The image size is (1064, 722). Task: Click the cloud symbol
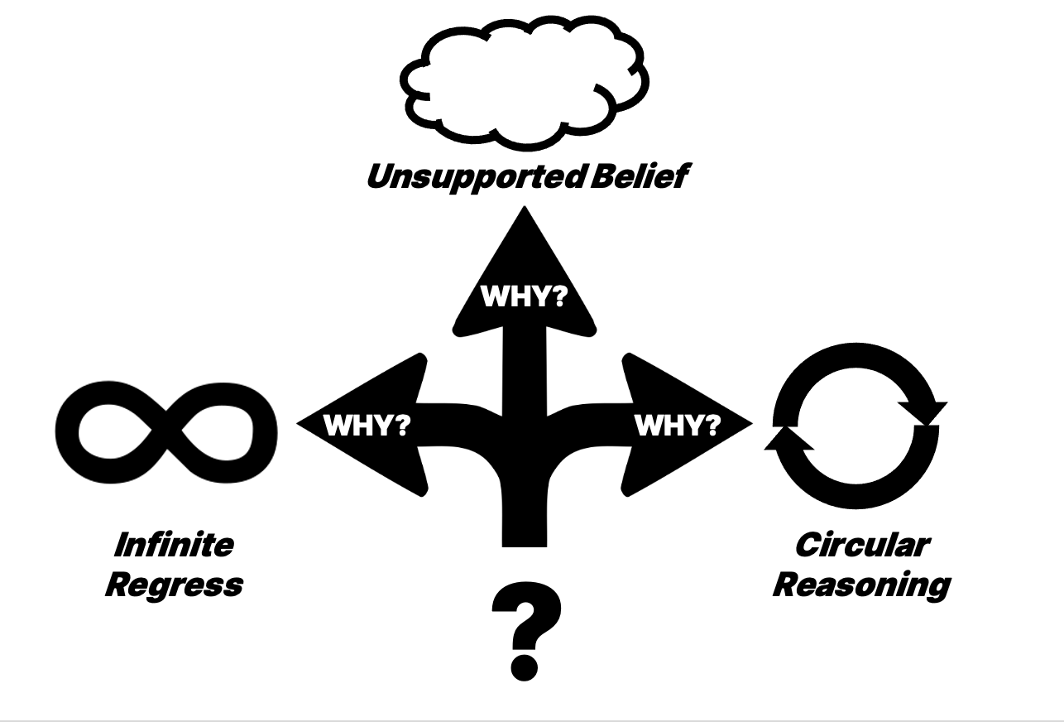(525, 79)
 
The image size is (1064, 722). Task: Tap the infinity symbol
(166, 431)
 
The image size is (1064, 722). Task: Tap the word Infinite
(174, 546)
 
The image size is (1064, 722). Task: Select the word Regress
(174, 585)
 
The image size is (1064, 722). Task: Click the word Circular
(861, 546)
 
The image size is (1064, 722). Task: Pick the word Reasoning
(861, 585)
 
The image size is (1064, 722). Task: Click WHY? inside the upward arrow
(523, 296)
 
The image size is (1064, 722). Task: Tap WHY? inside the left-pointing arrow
(367, 425)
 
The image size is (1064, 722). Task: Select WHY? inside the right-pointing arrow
(678, 425)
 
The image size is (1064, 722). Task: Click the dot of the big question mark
(525, 665)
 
